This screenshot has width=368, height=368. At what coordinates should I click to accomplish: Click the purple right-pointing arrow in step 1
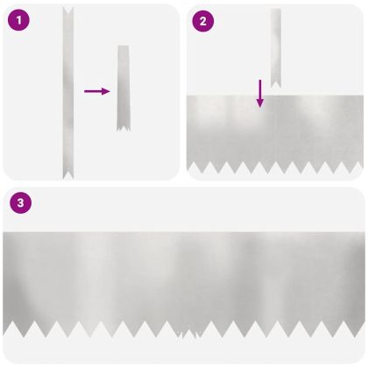pyautogui.click(x=96, y=90)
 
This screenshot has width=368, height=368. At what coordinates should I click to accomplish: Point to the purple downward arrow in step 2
pyautogui.click(x=259, y=93)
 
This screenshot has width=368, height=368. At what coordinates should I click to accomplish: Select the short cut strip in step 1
pyautogui.click(x=124, y=88)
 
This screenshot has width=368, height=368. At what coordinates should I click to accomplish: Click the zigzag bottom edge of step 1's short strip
pyautogui.click(x=124, y=129)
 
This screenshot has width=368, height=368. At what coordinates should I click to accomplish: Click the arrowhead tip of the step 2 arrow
pyautogui.click(x=259, y=106)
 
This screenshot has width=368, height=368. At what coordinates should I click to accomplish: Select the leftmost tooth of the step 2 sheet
pyautogui.click(x=195, y=166)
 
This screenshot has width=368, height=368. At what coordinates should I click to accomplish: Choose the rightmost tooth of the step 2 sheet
pyautogui.click(x=356, y=166)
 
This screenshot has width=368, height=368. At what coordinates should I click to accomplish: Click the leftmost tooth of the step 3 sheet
pyautogui.click(x=9, y=330)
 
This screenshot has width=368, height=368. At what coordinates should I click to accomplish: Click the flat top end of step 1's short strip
pyautogui.click(x=124, y=47)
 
